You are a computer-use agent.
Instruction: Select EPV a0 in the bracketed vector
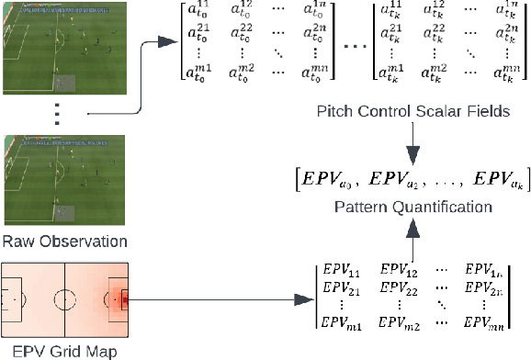[x=329, y=174]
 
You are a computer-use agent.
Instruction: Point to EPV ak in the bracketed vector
[x=492, y=174]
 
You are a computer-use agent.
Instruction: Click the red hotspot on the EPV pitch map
[x=126, y=298]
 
